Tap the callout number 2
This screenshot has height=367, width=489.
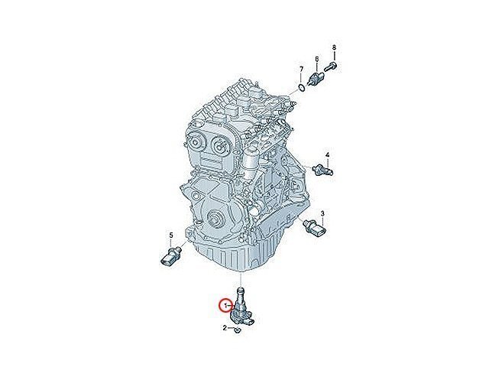225,328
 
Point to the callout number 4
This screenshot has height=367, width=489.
327,154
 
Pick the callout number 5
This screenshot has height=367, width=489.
171,235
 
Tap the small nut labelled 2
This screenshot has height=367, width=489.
238,330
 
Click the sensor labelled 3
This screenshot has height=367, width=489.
316,228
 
